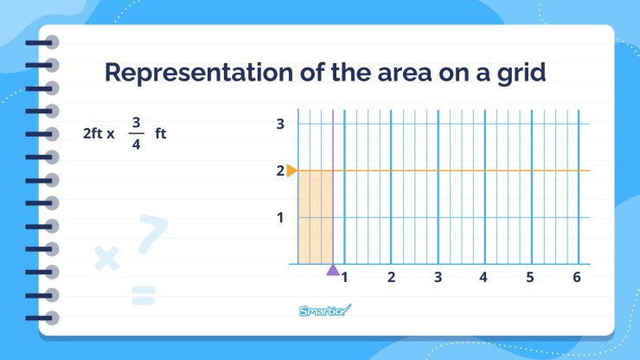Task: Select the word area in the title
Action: pos(412,73)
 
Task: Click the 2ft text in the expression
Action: pos(93,134)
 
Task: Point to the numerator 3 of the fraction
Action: pos(136,122)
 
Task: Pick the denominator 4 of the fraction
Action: pos(136,145)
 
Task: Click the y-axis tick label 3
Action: pos(280,124)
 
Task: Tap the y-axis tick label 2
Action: pos(280,170)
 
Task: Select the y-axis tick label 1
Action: pos(280,217)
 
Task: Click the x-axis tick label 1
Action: pos(344,278)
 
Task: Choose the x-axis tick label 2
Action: pos(391,278)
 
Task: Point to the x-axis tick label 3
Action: pos(438,278)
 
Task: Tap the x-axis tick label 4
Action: pos(483,278)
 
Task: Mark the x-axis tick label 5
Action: pos(530,278)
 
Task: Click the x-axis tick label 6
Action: pos(576,278)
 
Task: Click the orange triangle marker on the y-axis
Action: pos(291,170)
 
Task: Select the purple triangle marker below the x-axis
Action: pos(333,270)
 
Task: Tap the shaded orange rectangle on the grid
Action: pos(315,216)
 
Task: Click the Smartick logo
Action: pos(326,311)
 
